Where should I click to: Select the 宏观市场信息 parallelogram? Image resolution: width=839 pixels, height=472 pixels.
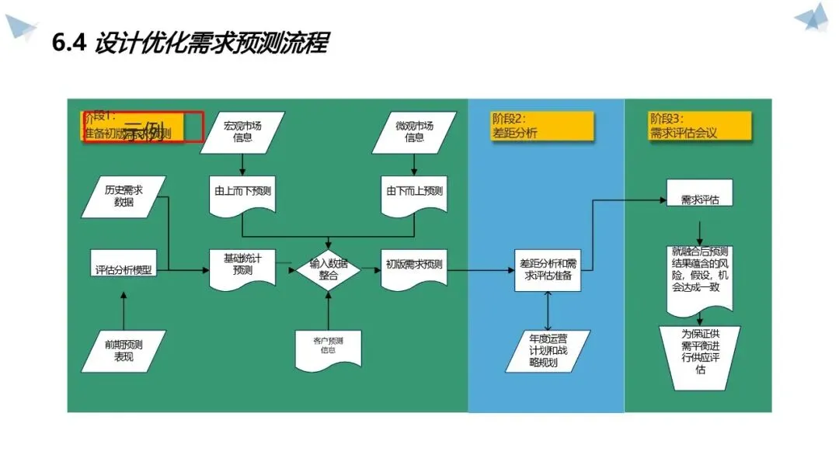243,132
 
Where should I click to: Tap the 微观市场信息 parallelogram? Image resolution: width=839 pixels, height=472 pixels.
414,132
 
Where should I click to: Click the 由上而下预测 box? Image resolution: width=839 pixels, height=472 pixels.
243,191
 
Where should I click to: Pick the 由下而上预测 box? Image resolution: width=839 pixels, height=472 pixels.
414,191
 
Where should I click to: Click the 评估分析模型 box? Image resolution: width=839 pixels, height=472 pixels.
124,270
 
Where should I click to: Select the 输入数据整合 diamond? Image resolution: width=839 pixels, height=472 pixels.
329,269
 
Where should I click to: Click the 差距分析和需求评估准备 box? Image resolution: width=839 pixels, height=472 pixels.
548,270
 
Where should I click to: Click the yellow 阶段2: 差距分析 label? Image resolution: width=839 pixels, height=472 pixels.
542,126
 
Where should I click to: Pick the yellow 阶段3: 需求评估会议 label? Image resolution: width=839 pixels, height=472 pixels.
700,126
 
